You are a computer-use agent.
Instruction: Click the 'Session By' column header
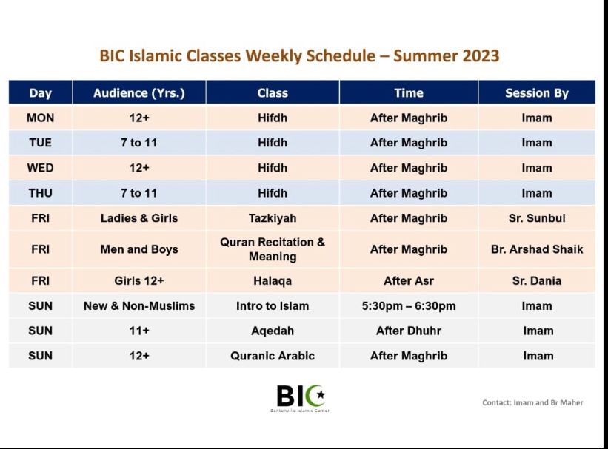537,93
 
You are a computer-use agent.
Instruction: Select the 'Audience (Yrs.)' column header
139,93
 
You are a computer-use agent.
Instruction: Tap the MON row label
40,118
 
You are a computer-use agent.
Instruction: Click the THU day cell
40,193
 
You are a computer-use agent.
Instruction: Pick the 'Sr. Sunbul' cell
537,218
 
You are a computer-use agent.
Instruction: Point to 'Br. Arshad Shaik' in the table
537,249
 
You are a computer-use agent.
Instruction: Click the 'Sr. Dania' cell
537,280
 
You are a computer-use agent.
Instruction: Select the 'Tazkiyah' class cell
273,218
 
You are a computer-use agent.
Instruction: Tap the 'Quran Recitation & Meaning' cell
273,249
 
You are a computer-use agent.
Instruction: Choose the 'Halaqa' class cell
273,281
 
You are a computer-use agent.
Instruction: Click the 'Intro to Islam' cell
273,305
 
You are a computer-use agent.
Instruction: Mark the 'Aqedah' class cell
273,331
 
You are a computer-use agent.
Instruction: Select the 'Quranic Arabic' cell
273,356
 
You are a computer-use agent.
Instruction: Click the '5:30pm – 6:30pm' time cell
409,306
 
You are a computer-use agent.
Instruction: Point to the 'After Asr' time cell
409,280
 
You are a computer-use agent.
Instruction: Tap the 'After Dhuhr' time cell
409,331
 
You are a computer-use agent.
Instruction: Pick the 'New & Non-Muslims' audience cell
139,305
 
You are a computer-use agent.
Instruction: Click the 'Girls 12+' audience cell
139,280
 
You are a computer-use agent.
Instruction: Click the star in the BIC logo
321,395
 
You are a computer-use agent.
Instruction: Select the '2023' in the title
481,55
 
